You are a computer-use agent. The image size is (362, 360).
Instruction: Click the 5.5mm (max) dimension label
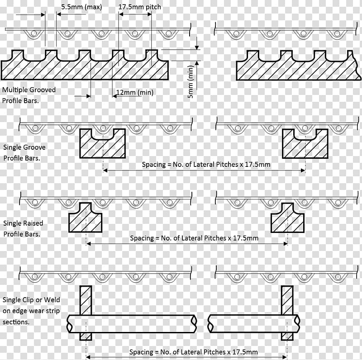point(81,7)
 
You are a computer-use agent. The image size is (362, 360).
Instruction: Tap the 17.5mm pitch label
point(140,7)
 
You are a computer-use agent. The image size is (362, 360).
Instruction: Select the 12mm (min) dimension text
point(135,92)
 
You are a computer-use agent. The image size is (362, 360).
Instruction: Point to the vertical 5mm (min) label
point(191,82)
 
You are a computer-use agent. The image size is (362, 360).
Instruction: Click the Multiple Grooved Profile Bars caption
point(29,95)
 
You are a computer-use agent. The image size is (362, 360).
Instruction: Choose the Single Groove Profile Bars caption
point(24,152)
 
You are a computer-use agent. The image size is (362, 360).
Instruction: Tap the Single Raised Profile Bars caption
point(23,228)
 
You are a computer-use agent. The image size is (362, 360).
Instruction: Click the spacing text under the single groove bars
point(206,165)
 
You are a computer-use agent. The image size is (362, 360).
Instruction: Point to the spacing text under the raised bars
point(194,238)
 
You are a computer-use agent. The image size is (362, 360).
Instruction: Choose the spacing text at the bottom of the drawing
point(194,352)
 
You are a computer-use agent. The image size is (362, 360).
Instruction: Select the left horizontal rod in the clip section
point(132,324)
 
